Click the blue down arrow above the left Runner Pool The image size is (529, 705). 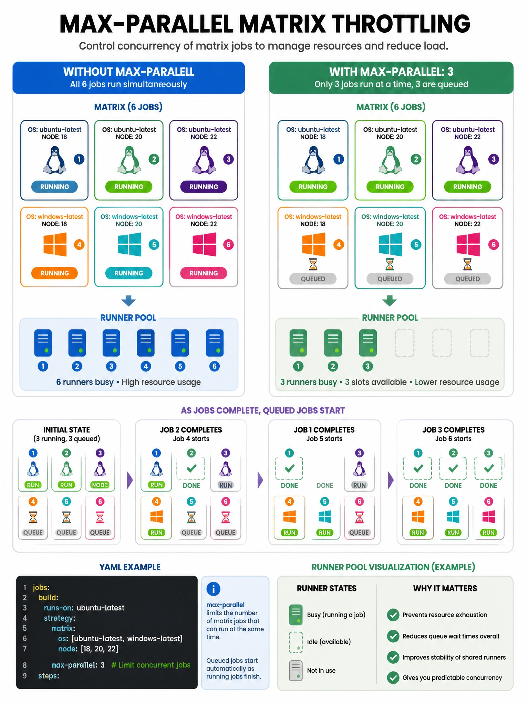[128, 301]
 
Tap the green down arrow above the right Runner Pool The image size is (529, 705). [390, 301]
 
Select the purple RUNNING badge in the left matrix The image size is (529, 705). [204, 187]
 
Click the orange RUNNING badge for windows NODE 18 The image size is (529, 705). [54, 273]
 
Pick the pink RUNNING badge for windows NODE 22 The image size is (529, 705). [204, 273]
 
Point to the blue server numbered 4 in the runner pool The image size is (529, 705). [146, 343]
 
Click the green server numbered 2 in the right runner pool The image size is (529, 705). [333, 343]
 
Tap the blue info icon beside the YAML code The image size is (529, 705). [214, 589]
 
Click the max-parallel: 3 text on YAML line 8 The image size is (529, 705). [78, 665]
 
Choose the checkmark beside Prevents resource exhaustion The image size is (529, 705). [393, 615]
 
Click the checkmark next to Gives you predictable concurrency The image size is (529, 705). [393, 677]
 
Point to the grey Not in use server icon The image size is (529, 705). [296, 671]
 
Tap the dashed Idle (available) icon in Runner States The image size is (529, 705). [296, 642]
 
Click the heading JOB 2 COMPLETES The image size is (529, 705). [191, 430]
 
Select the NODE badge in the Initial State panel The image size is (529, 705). [100, 485]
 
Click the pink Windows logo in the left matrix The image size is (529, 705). [205, 244]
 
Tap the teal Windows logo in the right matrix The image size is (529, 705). [390, 244]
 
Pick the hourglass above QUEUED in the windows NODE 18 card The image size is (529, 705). [313, 264]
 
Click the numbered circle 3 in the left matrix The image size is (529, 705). [228, 159]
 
